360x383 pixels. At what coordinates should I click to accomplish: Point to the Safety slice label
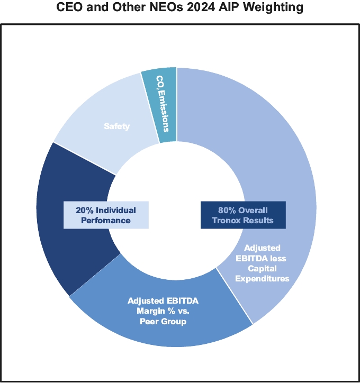(x=116, y=126)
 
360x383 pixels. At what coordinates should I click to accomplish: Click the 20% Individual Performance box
(x=106, y=215)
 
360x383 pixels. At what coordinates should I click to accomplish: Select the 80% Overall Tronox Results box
(x=243, y=215)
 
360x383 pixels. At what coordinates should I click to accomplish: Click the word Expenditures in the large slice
(x=263, y=278)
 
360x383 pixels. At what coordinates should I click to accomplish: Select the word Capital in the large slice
(x=262, y=268)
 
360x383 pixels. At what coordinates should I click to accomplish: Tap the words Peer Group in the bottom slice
(x=163, y=321)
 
